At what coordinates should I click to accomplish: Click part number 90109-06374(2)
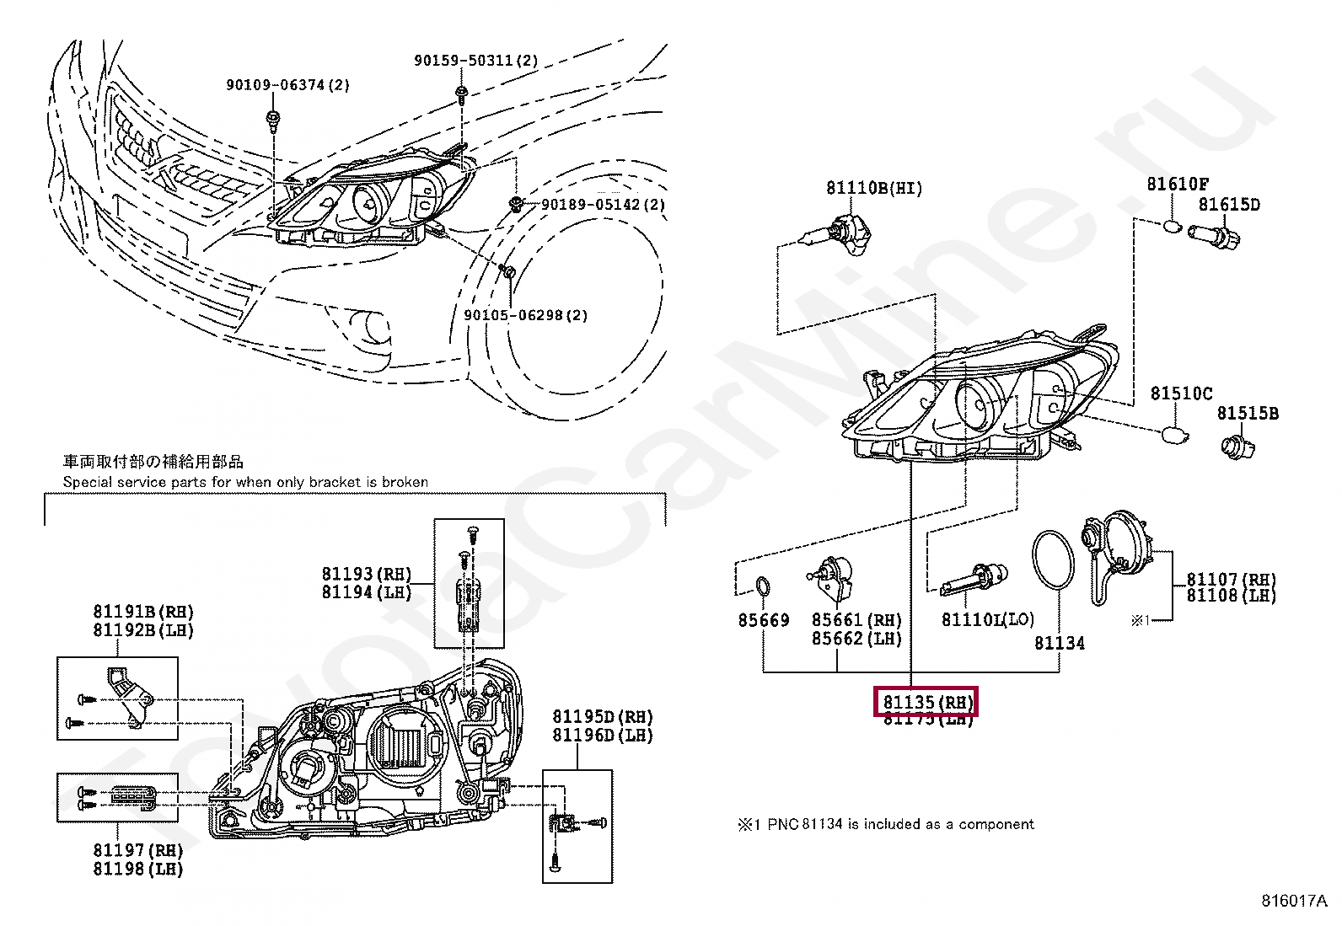click(x=287, y=85)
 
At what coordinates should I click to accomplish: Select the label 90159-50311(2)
click(x=475, y=61)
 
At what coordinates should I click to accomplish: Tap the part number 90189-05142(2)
click(x=603, y=205)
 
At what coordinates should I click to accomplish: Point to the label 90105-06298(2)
click(x=525, y=315)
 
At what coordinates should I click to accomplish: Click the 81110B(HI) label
click(x=874, y=188)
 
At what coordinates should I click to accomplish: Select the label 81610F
click(x=1178, y=184)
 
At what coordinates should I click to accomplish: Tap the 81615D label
click(x=1229, y=205)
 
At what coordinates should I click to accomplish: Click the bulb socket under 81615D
click(x=1214, y=235)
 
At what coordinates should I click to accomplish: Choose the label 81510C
click(x=1181, y=393)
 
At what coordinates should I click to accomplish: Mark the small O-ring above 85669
click(x=762, y=586)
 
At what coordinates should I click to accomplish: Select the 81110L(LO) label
click(x=987, y=620)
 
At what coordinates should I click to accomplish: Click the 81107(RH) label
click(x=1231, y=580)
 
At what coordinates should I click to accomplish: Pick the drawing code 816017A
click(x=1294, y=900)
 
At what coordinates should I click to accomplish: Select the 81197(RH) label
click(x=138, y=850)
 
